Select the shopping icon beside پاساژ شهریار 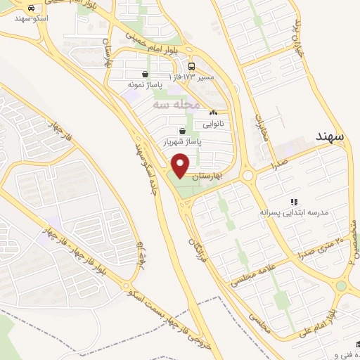pyautogui.click(x=184, y=131)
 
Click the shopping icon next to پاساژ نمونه pyautogui.click(x=146, y=74)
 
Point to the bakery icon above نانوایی pyautogui.click(x=213, y=112)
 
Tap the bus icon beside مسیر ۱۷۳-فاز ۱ pyautogui.click(x=192, y=65)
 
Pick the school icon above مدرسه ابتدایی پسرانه pyautogui.click(x=294, y=202)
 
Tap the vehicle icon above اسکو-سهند pyautogui.click(x=32, y=7)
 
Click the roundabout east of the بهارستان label pyautogui.click(x=247, y=175)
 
